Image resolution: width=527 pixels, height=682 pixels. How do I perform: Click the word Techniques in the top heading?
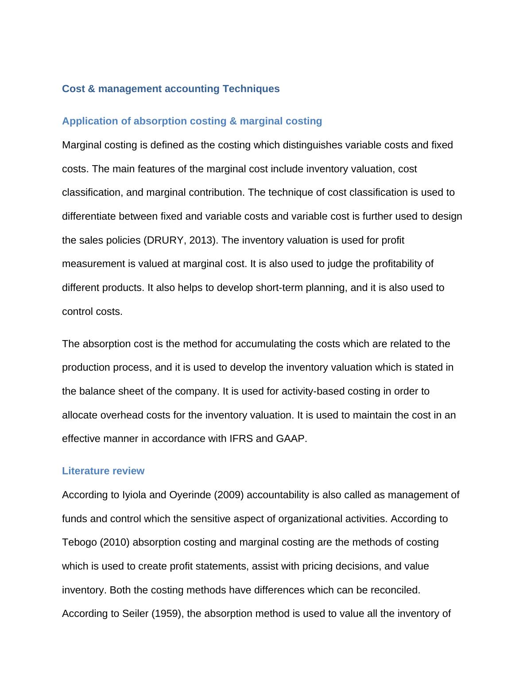pyautogui.click(x=251, y=89)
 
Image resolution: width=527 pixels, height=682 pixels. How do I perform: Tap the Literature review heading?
pyautogui.click(x=103, y=471)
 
